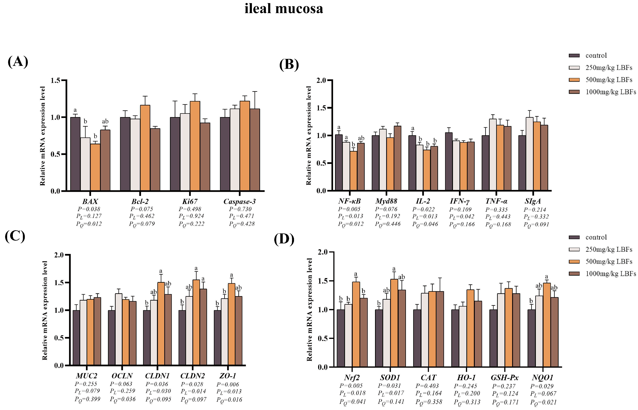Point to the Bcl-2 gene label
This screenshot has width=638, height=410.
(140, 202)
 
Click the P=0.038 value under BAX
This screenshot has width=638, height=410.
(89, 209)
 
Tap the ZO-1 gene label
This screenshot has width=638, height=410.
(228, 376)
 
